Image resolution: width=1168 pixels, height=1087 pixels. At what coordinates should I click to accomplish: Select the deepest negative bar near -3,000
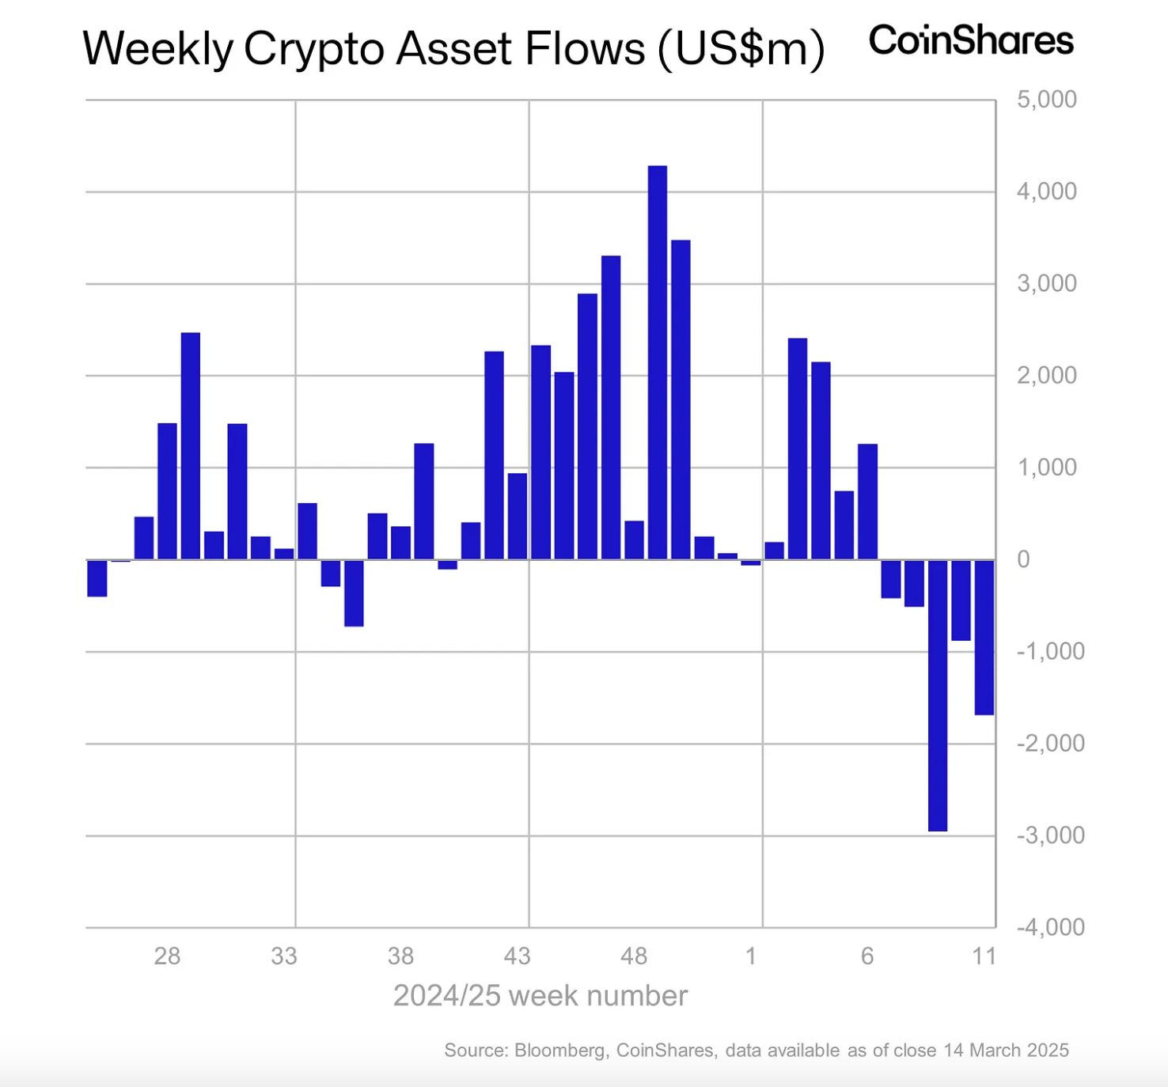click(937, 695)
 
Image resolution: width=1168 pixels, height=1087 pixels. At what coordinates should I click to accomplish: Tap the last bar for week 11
click(984, 637)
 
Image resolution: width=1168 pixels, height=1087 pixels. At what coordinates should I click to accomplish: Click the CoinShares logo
click(971, 40)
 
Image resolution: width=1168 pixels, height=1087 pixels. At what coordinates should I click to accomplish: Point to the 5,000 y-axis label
click(1046, 100)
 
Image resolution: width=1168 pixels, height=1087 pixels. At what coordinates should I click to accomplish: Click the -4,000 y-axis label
click(1050, 927)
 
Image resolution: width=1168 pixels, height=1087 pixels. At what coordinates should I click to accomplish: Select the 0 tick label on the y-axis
click(1023, 559)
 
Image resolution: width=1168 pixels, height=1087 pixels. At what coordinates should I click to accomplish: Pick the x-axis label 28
click(167, 956)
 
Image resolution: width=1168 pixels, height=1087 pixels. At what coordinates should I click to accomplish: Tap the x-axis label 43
click(517, 956)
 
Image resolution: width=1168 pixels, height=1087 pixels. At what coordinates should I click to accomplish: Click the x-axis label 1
click(750, 956)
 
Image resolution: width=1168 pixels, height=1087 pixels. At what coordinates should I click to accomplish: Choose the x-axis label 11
click(984, 956)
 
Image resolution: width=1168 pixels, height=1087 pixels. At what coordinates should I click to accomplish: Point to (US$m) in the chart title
click(741, 49)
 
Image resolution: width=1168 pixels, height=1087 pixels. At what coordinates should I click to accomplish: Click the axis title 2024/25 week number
click(540, 996)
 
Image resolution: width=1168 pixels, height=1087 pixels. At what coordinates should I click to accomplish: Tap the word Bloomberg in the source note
click(560, 1051)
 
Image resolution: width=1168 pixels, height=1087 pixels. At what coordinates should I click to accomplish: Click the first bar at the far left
click(97, 578)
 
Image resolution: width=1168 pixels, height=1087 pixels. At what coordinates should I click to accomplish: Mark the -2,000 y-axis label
click(1050, 744)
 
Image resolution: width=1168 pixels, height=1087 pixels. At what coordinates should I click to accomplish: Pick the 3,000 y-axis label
click(1046, 283)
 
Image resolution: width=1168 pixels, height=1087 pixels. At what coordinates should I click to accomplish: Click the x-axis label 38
click(400, 956)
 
